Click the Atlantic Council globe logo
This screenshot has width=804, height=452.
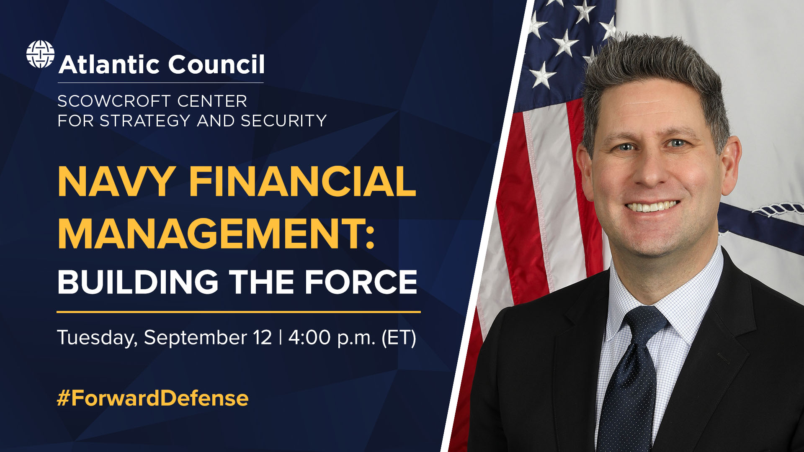pos(40,54)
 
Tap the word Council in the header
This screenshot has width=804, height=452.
pos(216,64)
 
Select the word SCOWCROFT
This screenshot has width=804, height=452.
pos(114,101)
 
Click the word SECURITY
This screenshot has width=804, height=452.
pos(283,121)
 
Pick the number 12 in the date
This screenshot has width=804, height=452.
pos(263,337)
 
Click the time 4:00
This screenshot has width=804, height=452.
pos(309,337)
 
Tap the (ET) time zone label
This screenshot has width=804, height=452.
pos(399,338)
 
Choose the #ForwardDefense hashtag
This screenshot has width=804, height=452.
pos(153,398)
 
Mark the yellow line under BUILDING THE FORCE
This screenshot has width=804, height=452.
pos(239,312)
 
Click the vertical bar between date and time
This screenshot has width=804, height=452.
pos(280,337)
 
